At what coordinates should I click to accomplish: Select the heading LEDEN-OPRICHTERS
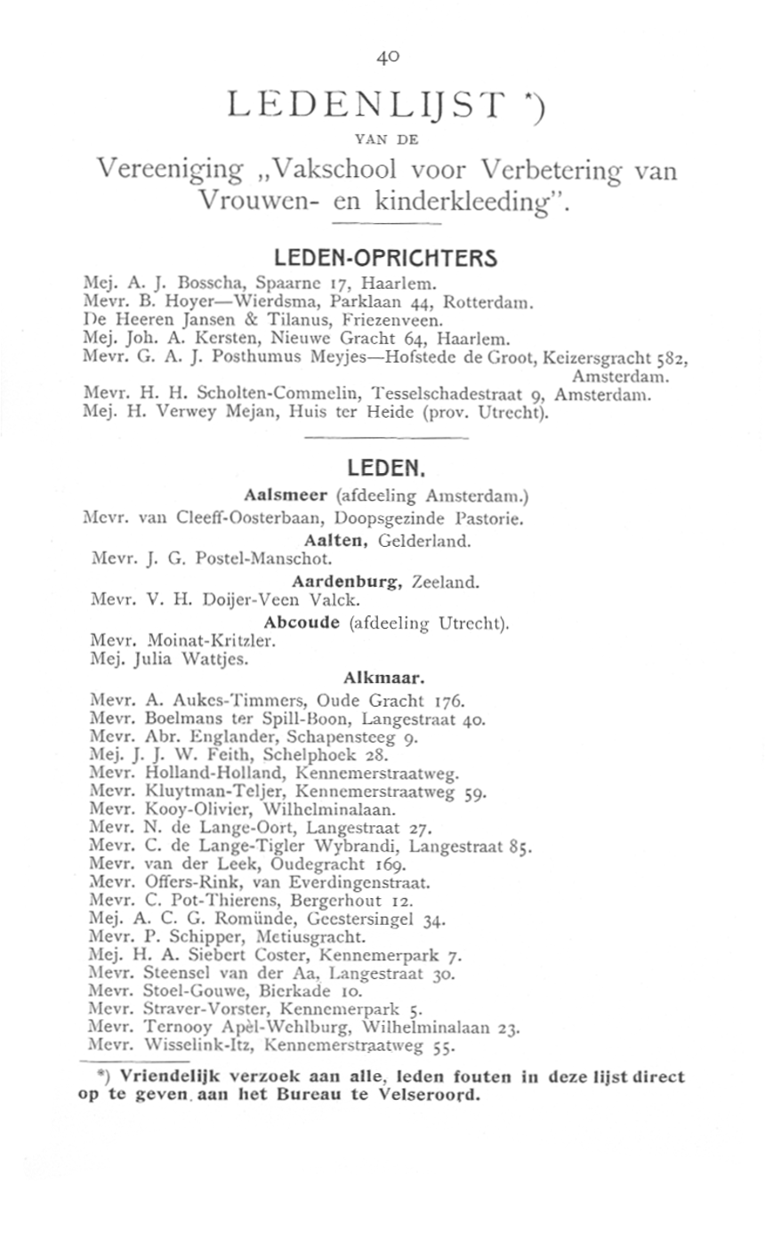coord(384,259)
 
